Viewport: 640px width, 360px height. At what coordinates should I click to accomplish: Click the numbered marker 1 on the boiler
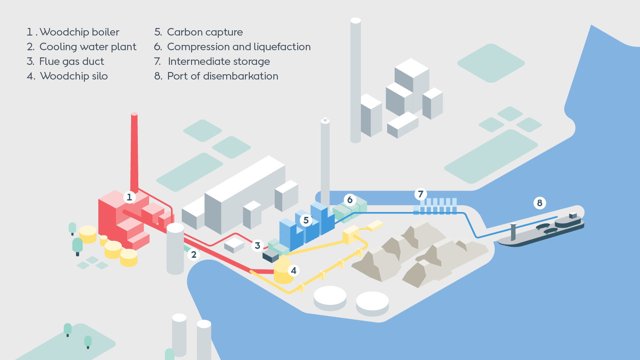click(129, 197)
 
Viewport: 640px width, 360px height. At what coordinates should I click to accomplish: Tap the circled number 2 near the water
click(193, 254)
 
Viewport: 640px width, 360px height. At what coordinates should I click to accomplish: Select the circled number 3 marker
click(257, 245)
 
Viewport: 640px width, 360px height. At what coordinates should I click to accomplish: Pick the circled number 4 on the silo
click(292, 270)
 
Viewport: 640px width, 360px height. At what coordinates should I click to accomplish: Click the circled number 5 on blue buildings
click(306, 220)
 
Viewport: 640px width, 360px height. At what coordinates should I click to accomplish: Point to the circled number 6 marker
click(350, 200)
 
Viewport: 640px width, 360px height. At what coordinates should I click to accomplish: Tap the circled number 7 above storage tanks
click(420, 194)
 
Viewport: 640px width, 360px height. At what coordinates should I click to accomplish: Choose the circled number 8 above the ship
click(540, 203)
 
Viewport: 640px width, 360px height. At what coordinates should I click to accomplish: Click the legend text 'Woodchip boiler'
click(79, 32)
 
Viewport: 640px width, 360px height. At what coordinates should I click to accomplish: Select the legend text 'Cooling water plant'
click(88, 47)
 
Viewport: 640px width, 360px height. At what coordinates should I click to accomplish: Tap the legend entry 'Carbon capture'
click(204, 32)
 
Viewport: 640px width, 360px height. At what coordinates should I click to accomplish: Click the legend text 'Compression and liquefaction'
click(239, 47)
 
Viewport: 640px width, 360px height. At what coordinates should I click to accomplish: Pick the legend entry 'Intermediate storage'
click(219, 61)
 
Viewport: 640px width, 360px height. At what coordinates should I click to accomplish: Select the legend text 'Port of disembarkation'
click(222, 76)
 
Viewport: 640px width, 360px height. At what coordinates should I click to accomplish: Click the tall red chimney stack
click(134, 151)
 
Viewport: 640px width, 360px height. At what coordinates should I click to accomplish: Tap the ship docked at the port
click(542, 229)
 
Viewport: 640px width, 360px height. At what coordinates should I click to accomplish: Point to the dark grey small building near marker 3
click(270, 256)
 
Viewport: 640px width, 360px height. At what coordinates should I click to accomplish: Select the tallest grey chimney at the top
click(356, 80)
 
